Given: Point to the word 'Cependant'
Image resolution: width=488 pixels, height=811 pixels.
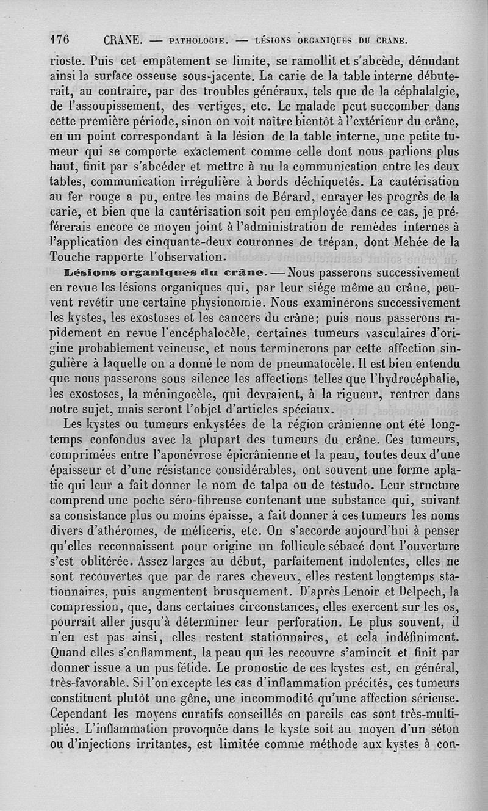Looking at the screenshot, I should tap(81, 714).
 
